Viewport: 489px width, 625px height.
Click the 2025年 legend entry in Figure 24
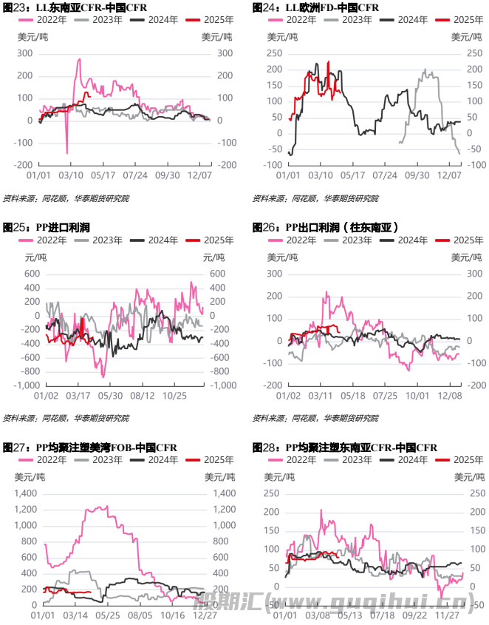[453, 20]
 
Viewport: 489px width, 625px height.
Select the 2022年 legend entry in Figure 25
[38, 240]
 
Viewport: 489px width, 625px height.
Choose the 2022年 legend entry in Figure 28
[290, 460]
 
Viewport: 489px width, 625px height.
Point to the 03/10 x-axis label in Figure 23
[71, 175]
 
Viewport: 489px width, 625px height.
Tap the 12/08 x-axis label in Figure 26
[449, 396]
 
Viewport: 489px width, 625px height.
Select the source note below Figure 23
[66, 198]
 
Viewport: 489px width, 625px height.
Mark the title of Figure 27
[90, 447]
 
